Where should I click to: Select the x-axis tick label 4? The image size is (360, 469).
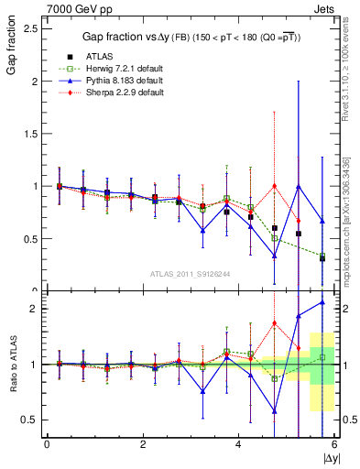(x=238, y=443)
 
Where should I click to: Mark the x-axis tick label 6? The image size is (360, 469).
(x=333, y=443)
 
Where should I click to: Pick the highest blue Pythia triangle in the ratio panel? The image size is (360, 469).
(x=322, y=302)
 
